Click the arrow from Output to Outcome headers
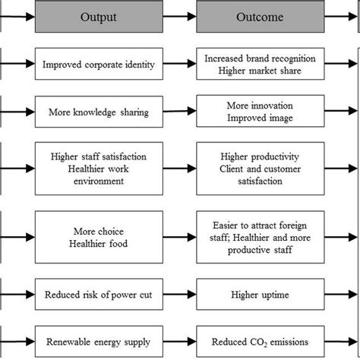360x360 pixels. [182, 16]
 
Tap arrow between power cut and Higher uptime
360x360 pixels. [182, 292]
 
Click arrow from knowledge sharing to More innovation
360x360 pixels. [182, 112]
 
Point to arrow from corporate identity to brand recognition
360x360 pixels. [182, 65]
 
